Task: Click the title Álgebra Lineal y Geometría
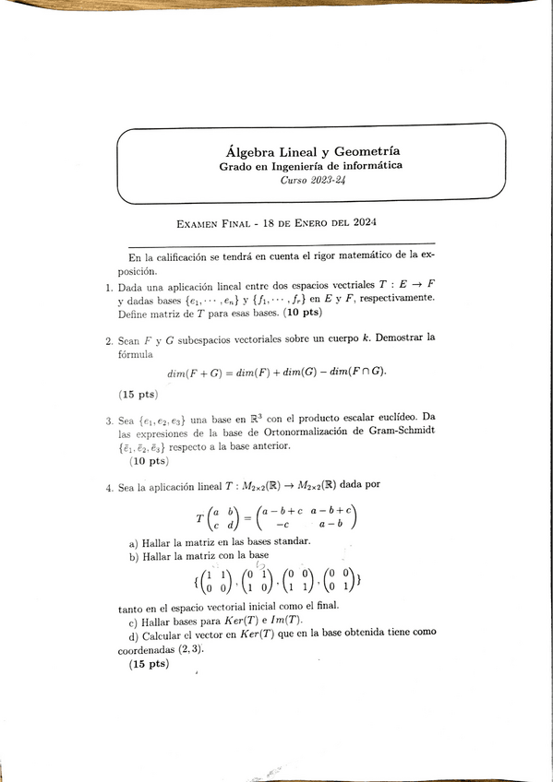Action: pyautogui.click(x=319, y=150)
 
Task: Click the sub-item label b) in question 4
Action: pyautogui.click(x=134, y=556)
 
